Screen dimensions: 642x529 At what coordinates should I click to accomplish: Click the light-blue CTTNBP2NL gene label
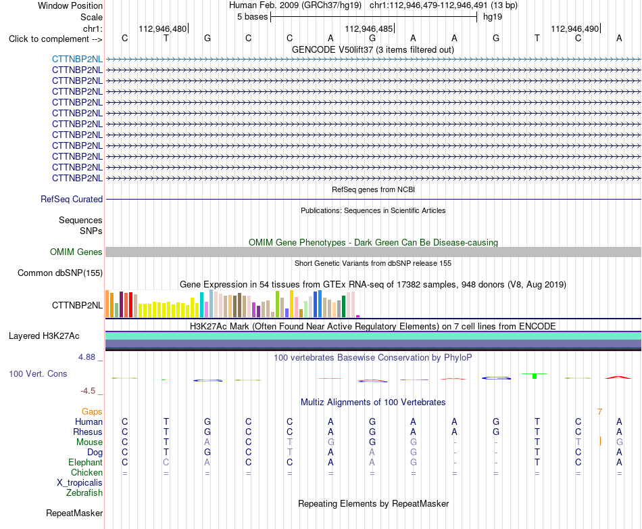click(x=77, y=59)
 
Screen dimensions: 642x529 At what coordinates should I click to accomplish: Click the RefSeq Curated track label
click(x=72, y=199)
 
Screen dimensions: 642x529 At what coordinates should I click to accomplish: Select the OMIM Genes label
click(x=76, y=252)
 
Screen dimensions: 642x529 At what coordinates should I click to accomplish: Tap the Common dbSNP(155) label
click(x=60, y=273)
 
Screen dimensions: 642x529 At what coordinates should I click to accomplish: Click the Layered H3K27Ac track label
click(x=44, y=336)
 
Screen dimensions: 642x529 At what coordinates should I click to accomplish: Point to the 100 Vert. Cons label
click(x=38, y=373)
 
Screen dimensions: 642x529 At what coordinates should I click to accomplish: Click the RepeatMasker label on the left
click(x=74, y=513)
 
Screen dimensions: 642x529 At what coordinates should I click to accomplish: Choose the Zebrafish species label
click(x=84, y=493)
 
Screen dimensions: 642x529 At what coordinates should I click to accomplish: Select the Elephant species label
click(x=86, y=462)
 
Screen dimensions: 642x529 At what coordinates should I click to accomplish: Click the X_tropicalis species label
click(x=80, y=483)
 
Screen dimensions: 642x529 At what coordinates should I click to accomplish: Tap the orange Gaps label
click(x=92, y=411)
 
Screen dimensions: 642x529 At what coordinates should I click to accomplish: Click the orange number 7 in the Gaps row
click(x=600, y=412)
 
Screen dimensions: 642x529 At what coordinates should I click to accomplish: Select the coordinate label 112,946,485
click(x=368, y=28)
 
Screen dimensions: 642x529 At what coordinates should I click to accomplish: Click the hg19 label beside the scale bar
click(x=493, y=17)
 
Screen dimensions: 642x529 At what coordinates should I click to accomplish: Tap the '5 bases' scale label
click(x=252, y=17)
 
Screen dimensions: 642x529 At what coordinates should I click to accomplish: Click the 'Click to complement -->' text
click(x=55, y=39)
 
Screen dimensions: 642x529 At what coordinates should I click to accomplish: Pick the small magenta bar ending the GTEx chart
click(x=358, y=316)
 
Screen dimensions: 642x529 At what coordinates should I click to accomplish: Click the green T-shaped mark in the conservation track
click(x=535, y=375)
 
